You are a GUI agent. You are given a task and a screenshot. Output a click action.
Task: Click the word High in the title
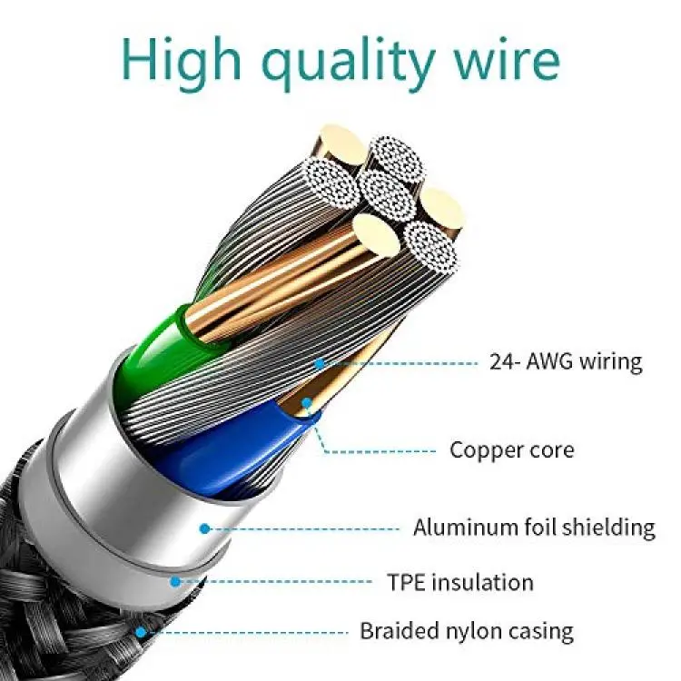click(x=182, y=60)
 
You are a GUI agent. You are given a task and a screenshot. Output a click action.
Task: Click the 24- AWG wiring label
click(x=566, y=361)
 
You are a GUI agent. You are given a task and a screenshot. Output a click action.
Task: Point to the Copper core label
click(x=511, y=450)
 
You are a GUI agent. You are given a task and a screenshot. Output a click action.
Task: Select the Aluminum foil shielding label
click(x=534, y=528)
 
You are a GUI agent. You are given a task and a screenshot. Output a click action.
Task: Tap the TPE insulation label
click(x=460, y=582)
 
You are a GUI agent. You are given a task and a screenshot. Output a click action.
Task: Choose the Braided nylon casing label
click(x=467, y=631)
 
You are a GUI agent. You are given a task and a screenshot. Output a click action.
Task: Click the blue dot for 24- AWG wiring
click(x=320, y=363)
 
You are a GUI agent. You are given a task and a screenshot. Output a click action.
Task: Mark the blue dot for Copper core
click(x=307, y=402)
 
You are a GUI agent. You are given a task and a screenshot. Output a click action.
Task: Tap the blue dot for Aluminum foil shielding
click(x=205, y=528)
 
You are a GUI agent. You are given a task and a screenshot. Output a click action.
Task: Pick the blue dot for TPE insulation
click(x=175, y=581)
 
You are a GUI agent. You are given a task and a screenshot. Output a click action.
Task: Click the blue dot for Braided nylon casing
click(x=141, y=632)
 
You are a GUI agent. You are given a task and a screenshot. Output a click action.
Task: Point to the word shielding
click(x=608, y=528)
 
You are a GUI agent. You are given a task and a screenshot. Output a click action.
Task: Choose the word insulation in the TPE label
click(x=483, y=582)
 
